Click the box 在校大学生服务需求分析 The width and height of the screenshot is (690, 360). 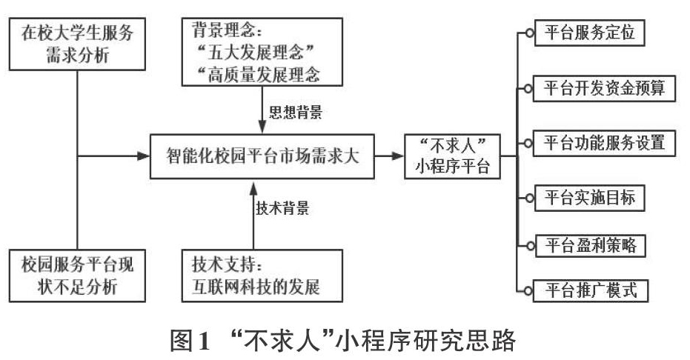(77, 44)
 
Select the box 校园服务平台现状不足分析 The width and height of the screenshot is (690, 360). (77, 276)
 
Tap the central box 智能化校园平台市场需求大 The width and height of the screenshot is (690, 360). (262, 156)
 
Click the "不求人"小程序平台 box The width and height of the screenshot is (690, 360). (452, 156)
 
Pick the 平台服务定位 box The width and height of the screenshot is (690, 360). (590, 33)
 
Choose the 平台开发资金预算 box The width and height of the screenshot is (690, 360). (604, 88)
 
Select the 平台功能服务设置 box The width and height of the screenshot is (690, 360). (604, 143)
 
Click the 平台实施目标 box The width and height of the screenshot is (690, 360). (590, 198)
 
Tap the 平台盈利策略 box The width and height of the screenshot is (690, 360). (591, 245)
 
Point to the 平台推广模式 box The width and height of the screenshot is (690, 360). (591, 290)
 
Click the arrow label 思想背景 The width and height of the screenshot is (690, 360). (296, 112)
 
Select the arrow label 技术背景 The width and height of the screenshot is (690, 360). (282, 207)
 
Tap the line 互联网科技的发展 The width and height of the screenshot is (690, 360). (256, 287)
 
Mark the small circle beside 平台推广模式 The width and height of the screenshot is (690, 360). (528, 290)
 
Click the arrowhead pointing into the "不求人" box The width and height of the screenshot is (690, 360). (398, 156)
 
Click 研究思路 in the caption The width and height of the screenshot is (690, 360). (470, 341)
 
